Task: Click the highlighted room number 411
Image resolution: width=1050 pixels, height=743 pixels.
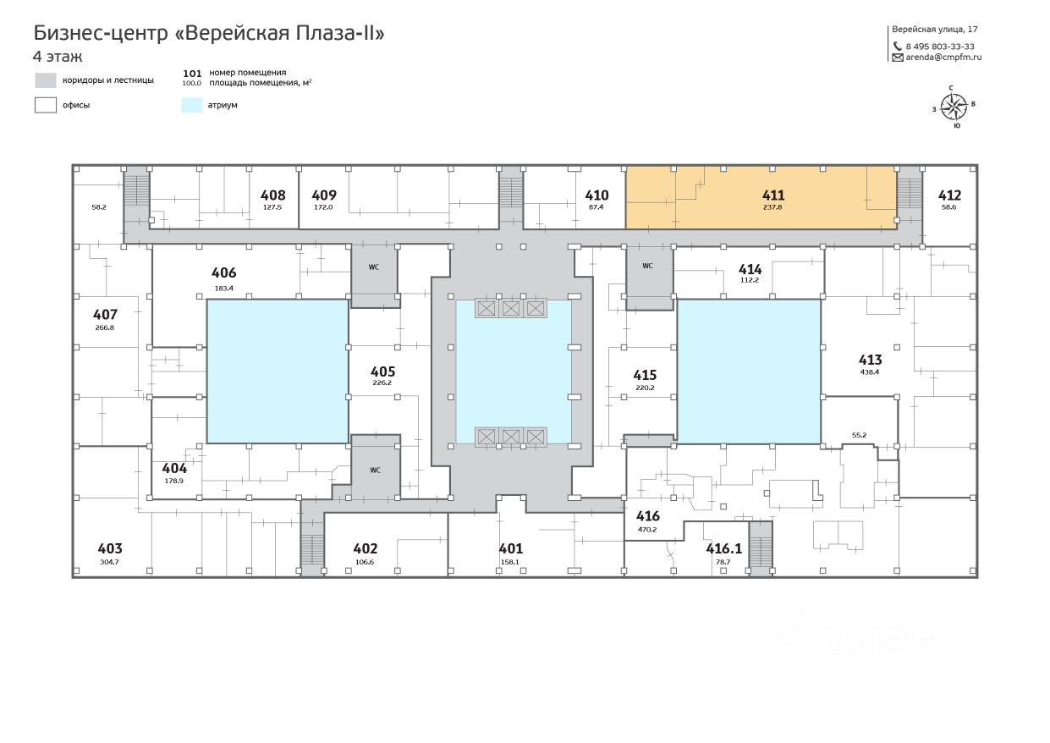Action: click(773, 195)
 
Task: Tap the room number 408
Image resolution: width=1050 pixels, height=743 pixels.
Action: click(272, 195)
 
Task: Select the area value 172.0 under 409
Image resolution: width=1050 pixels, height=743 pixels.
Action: click(324, 206)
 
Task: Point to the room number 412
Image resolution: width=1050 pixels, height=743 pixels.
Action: click(949, 195)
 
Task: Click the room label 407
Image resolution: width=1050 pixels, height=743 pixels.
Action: click(105, 315)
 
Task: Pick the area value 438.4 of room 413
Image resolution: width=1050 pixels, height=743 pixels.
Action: click(870, 371)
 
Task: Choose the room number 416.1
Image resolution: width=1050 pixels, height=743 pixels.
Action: click(723, 548)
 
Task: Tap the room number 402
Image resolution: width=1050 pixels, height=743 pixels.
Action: click(365, 548)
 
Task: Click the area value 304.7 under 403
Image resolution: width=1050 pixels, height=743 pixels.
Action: click(110, 561)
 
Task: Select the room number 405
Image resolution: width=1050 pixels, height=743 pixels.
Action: click(382, 371)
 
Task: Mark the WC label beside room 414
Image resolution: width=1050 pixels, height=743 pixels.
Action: click(647, 265)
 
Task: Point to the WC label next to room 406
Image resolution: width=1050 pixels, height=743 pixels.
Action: click(373, 267)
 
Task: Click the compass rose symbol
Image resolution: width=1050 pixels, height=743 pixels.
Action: click(954, 106)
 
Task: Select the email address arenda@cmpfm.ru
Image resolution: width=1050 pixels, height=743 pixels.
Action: click(943, 58)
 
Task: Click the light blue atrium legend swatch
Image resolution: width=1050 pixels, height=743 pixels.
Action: click(191, 105)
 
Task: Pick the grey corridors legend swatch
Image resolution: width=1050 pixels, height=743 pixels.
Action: click(46, 80)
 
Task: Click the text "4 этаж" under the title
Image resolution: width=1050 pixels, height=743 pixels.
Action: click(58, 57)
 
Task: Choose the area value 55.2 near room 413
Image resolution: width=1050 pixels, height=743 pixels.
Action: click(859, 434)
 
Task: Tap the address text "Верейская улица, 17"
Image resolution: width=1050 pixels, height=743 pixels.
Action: click(935, 29)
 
